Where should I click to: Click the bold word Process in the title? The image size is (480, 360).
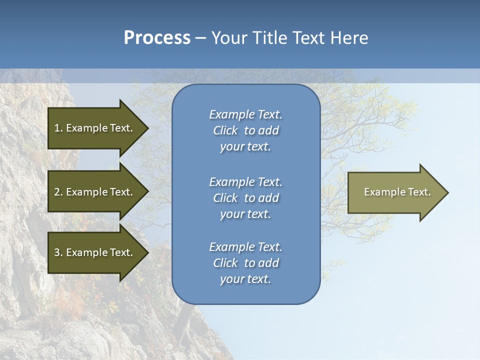157,38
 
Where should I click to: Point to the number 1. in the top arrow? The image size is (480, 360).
58,128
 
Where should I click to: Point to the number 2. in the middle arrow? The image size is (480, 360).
58,192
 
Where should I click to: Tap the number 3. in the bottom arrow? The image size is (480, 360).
58,252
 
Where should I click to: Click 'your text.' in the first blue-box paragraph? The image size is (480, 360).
245,147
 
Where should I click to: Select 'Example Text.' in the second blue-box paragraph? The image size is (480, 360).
245,182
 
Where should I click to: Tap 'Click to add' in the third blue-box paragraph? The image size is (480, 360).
245,263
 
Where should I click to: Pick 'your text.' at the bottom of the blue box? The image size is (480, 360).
245,279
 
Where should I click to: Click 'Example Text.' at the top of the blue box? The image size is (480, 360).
245,114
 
